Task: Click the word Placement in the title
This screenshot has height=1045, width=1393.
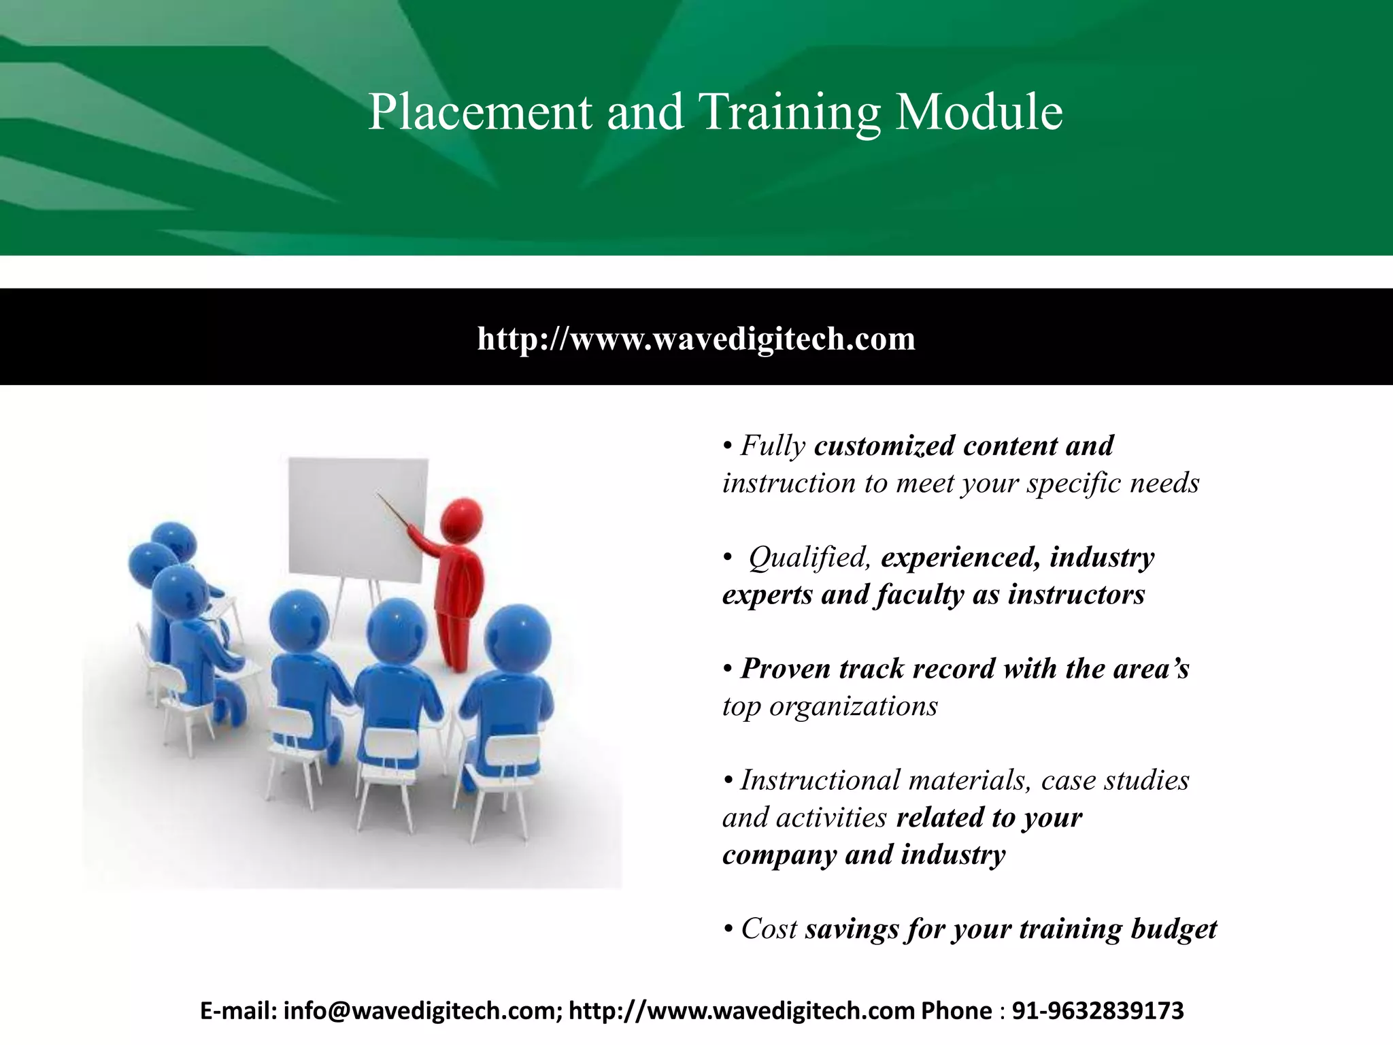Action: (x=480, y=112)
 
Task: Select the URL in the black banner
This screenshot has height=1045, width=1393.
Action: (x=696, y=338)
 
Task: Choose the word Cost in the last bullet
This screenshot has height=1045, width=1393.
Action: (x=769, y=929)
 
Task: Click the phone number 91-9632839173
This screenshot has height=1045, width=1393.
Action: (x=1098, y=1011)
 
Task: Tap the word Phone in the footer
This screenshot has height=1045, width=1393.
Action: (x=956, y=1011)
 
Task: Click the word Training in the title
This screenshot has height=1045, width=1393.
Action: (x=789, y=112)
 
